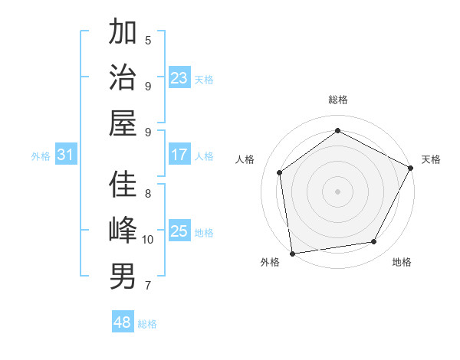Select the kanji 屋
click(123, 123)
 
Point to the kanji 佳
click(123, 185)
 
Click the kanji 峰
click(123, 231)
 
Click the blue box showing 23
click(179, 78)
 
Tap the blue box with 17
click(179, 155)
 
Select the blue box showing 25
click(179, 231)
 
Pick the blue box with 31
click(66, 155)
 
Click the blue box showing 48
click(123, 322)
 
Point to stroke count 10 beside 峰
click(148, 240)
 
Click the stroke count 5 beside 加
click(148, 40)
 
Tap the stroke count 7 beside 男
click(148, 286)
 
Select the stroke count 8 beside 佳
click(148, 193)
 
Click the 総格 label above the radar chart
click(338, 100)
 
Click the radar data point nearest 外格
click(292, 253)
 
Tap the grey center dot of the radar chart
click(337, 191)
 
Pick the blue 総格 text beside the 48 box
click(147, 324)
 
